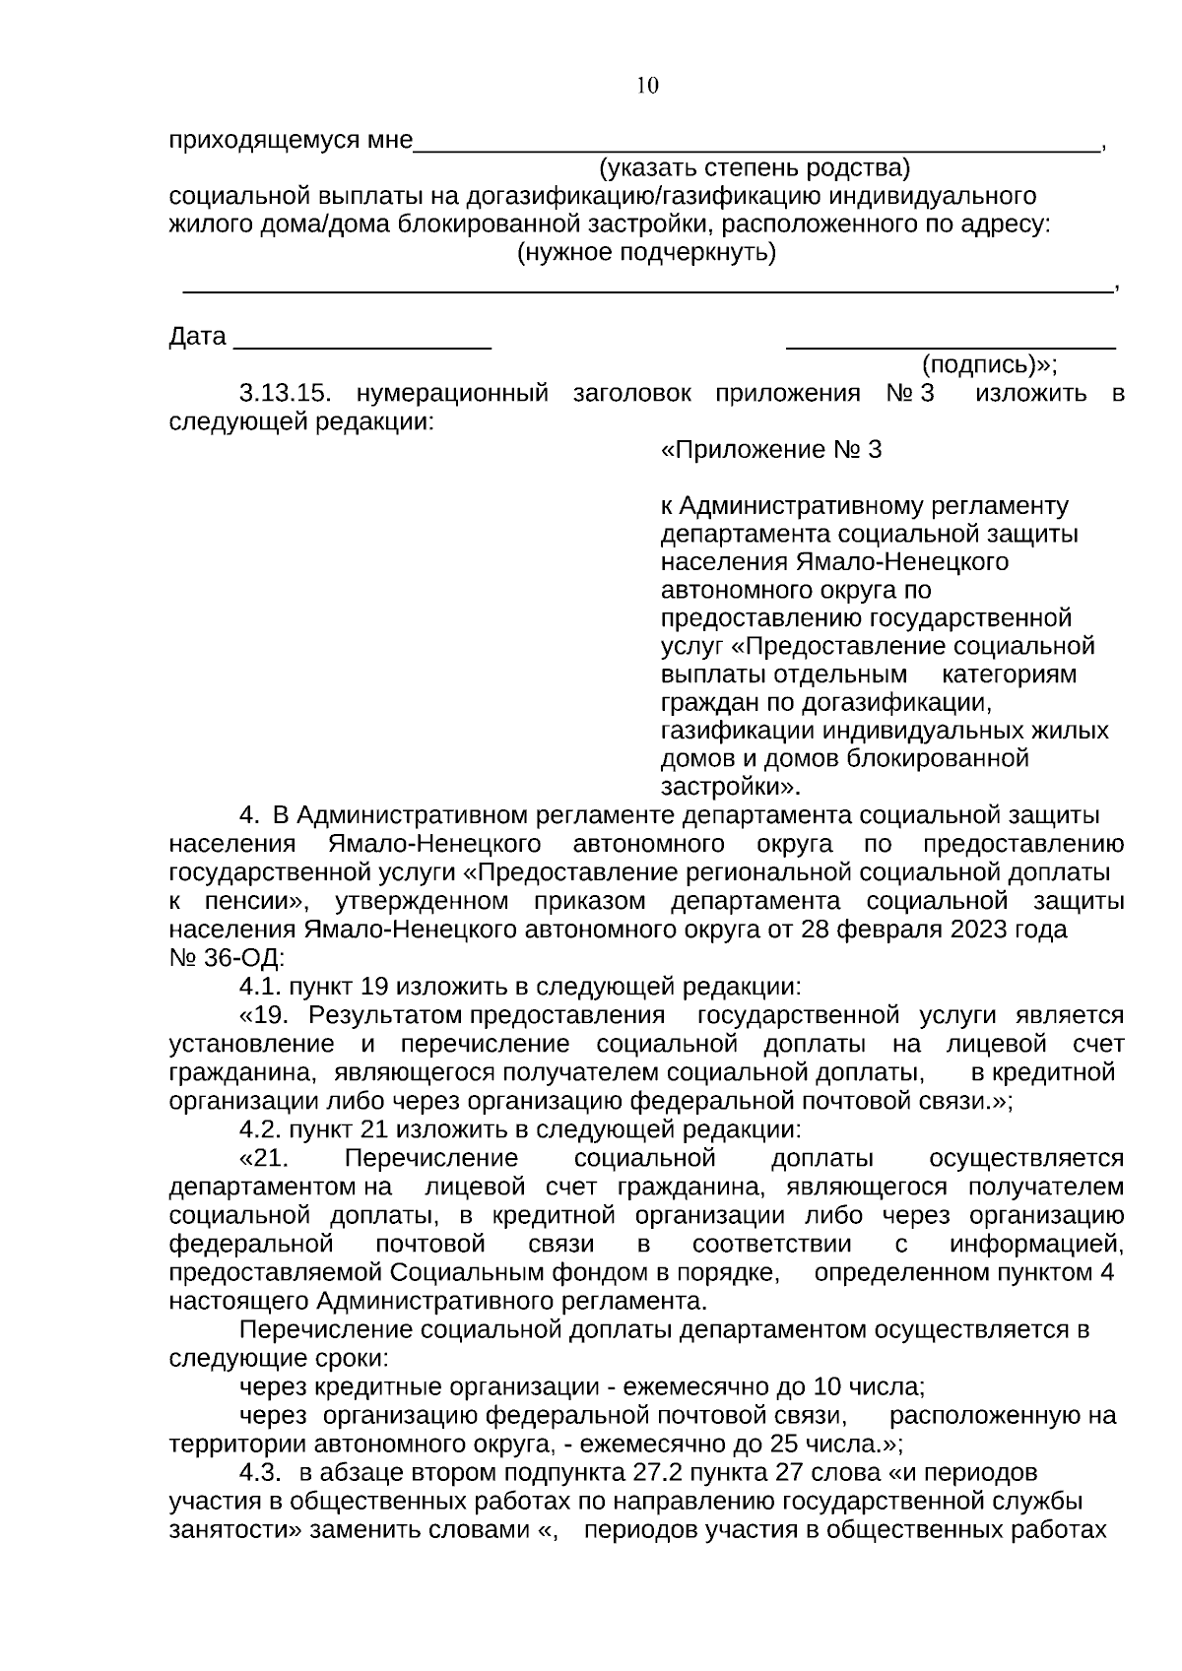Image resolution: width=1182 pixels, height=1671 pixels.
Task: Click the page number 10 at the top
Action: (647, 86)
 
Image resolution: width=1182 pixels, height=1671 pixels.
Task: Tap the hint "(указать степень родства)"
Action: (755, 167)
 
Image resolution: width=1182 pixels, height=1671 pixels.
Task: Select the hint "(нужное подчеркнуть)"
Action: (647, 253)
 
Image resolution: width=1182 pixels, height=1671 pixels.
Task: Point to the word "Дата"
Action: (198, 337)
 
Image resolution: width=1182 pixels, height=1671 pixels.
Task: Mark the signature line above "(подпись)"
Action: (951, 346)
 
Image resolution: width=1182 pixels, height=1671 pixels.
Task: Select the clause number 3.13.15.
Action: (284, 394)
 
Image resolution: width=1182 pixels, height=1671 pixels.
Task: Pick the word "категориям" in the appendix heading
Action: (1009, 675)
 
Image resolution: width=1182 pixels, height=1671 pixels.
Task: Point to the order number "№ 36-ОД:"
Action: (227, 957)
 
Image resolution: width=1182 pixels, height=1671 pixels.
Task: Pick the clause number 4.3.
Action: (261, 1472)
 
